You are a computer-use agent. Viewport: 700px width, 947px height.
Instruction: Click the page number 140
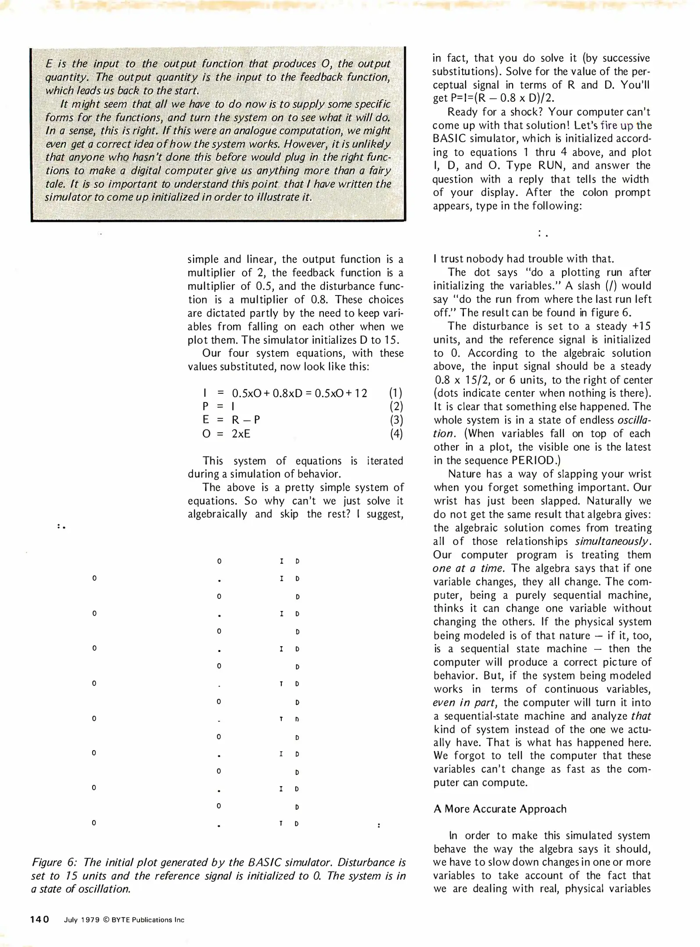coord(40,919)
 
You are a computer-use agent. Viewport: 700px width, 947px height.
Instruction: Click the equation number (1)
coord(396,393)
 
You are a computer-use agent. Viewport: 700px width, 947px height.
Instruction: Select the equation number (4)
coord(396,434)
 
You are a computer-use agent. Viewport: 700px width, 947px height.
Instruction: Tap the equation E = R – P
coord(231,420)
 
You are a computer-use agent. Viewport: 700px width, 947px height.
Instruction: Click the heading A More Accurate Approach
coord(500,809)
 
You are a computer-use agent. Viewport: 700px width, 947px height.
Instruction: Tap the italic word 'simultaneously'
coord(612,541)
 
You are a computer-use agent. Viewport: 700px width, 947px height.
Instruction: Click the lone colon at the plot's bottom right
coord(379,826)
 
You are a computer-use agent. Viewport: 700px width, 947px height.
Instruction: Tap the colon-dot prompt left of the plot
coord(61,526)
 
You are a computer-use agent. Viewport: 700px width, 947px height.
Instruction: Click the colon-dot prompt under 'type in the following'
coord(542,235)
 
